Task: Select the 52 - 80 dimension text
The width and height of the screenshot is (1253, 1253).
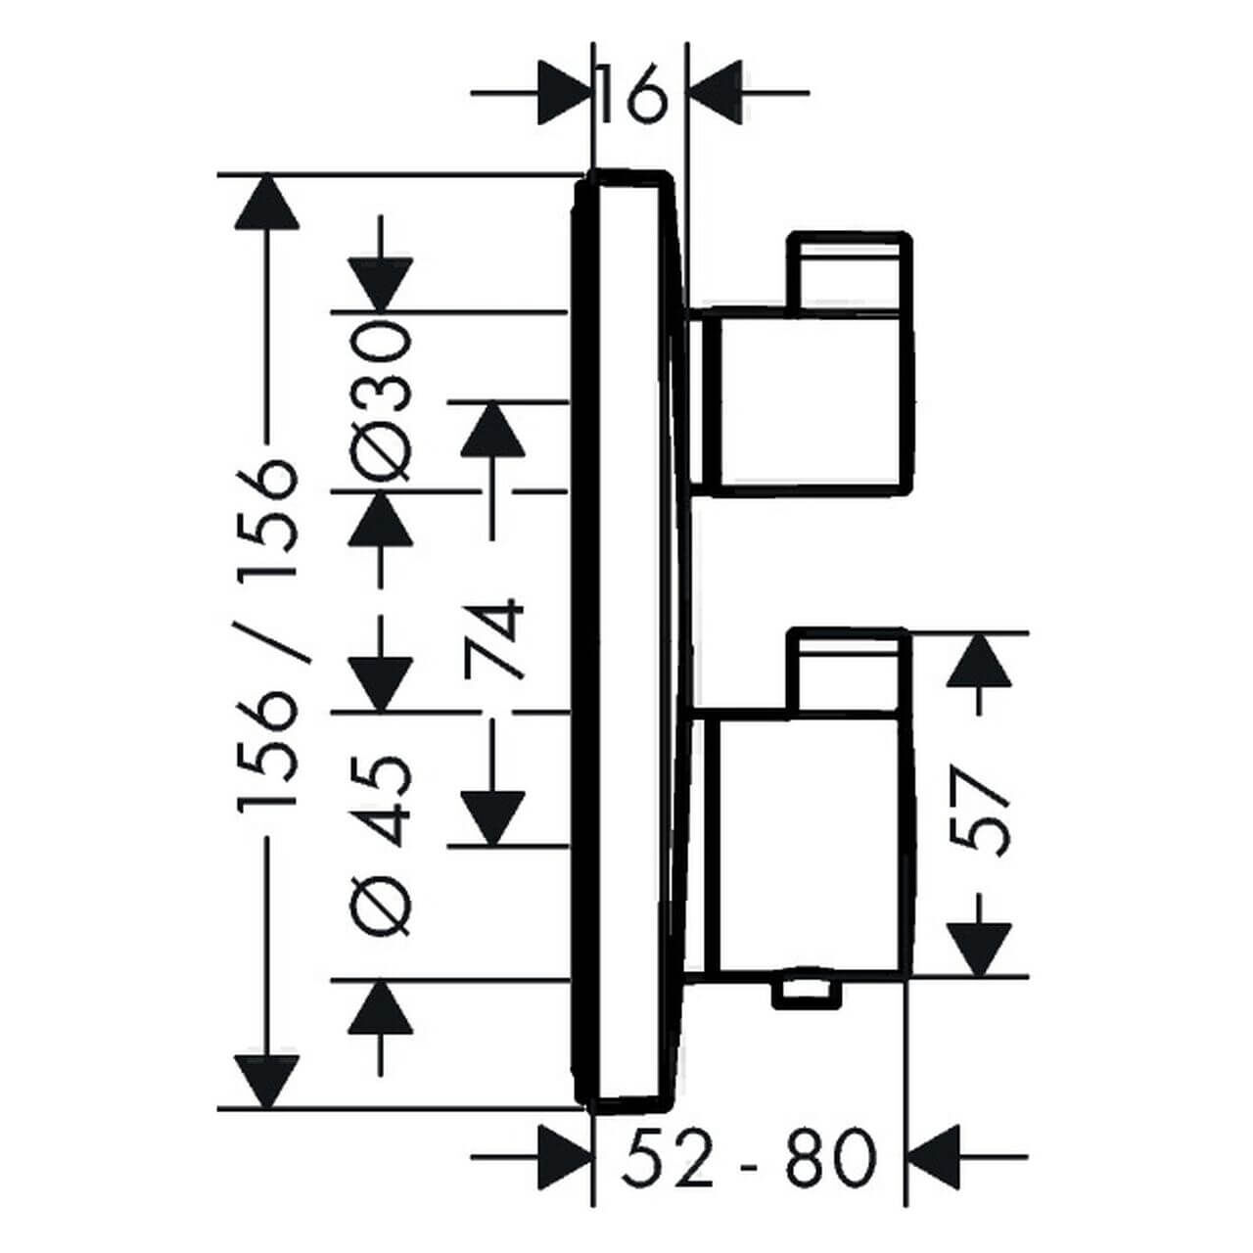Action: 747,1157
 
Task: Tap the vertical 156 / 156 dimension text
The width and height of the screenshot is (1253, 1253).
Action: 266,636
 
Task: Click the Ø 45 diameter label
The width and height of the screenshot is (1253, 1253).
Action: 383,844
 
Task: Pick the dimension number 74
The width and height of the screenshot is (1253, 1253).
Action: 495,641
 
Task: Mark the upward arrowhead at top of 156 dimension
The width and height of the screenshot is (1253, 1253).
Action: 266,204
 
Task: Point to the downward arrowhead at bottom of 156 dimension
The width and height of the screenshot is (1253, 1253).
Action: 266,1081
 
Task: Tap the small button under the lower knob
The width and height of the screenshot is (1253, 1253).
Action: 808,993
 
